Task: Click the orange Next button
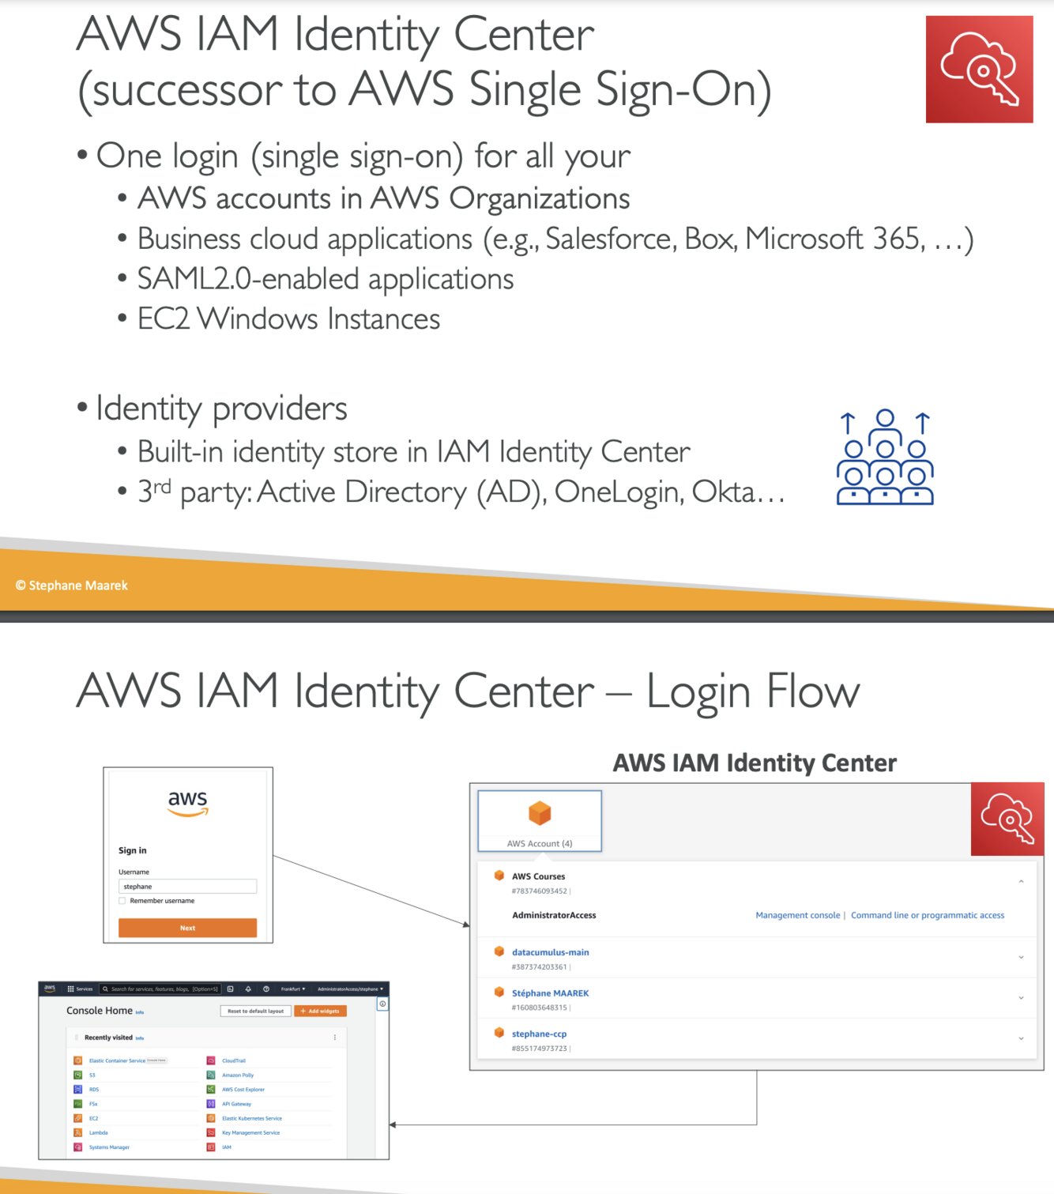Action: (x=187, y=928)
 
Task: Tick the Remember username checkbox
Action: (x=122, y=901)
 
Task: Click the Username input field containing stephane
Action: (x=187, y=887)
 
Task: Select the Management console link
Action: (x=797, y=915)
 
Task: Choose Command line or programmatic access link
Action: (x=927, y=915)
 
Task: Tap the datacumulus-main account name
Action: (x=550, y=952)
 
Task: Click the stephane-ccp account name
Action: (x=539, y=1034)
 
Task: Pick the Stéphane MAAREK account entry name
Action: (x=550, y=993)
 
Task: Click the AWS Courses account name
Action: (x=538, y=876)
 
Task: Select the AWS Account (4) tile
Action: (x=540, y=821)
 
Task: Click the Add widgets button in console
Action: (x=320, y=1011)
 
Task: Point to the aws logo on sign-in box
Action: (x=187, y=801)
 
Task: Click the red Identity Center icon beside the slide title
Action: (x=979, y=70)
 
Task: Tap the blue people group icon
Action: (x=885, y=458)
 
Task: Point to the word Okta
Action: (x=724, y=492)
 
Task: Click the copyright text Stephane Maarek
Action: (x=72, y=586)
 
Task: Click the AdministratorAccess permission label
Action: (x=554, y=915)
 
